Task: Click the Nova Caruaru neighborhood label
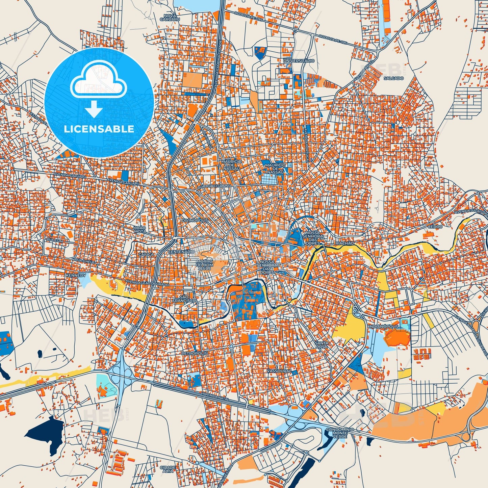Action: [x=171, y=18]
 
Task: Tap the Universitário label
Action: [x=299, y=61]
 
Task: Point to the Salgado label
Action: [x=393, y=78]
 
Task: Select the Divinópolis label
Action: [x=195, y=220]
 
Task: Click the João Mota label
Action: [x=140, y=230]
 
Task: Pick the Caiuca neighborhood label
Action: [x=146, y=254]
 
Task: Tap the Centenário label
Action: [x=181, y=252]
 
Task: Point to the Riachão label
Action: [x=344, y=243]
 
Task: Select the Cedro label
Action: [x=435, y=227]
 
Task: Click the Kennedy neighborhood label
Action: [x=76, y=276]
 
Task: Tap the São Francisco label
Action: [x=184, y=298]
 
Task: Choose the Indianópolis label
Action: [x=384, y=327]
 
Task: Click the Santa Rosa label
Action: [x=321, y=345]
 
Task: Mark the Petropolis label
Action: [x=194, y=353]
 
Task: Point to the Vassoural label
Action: [x=279, y=370]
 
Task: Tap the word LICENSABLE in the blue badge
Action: [x=99, y=129]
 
